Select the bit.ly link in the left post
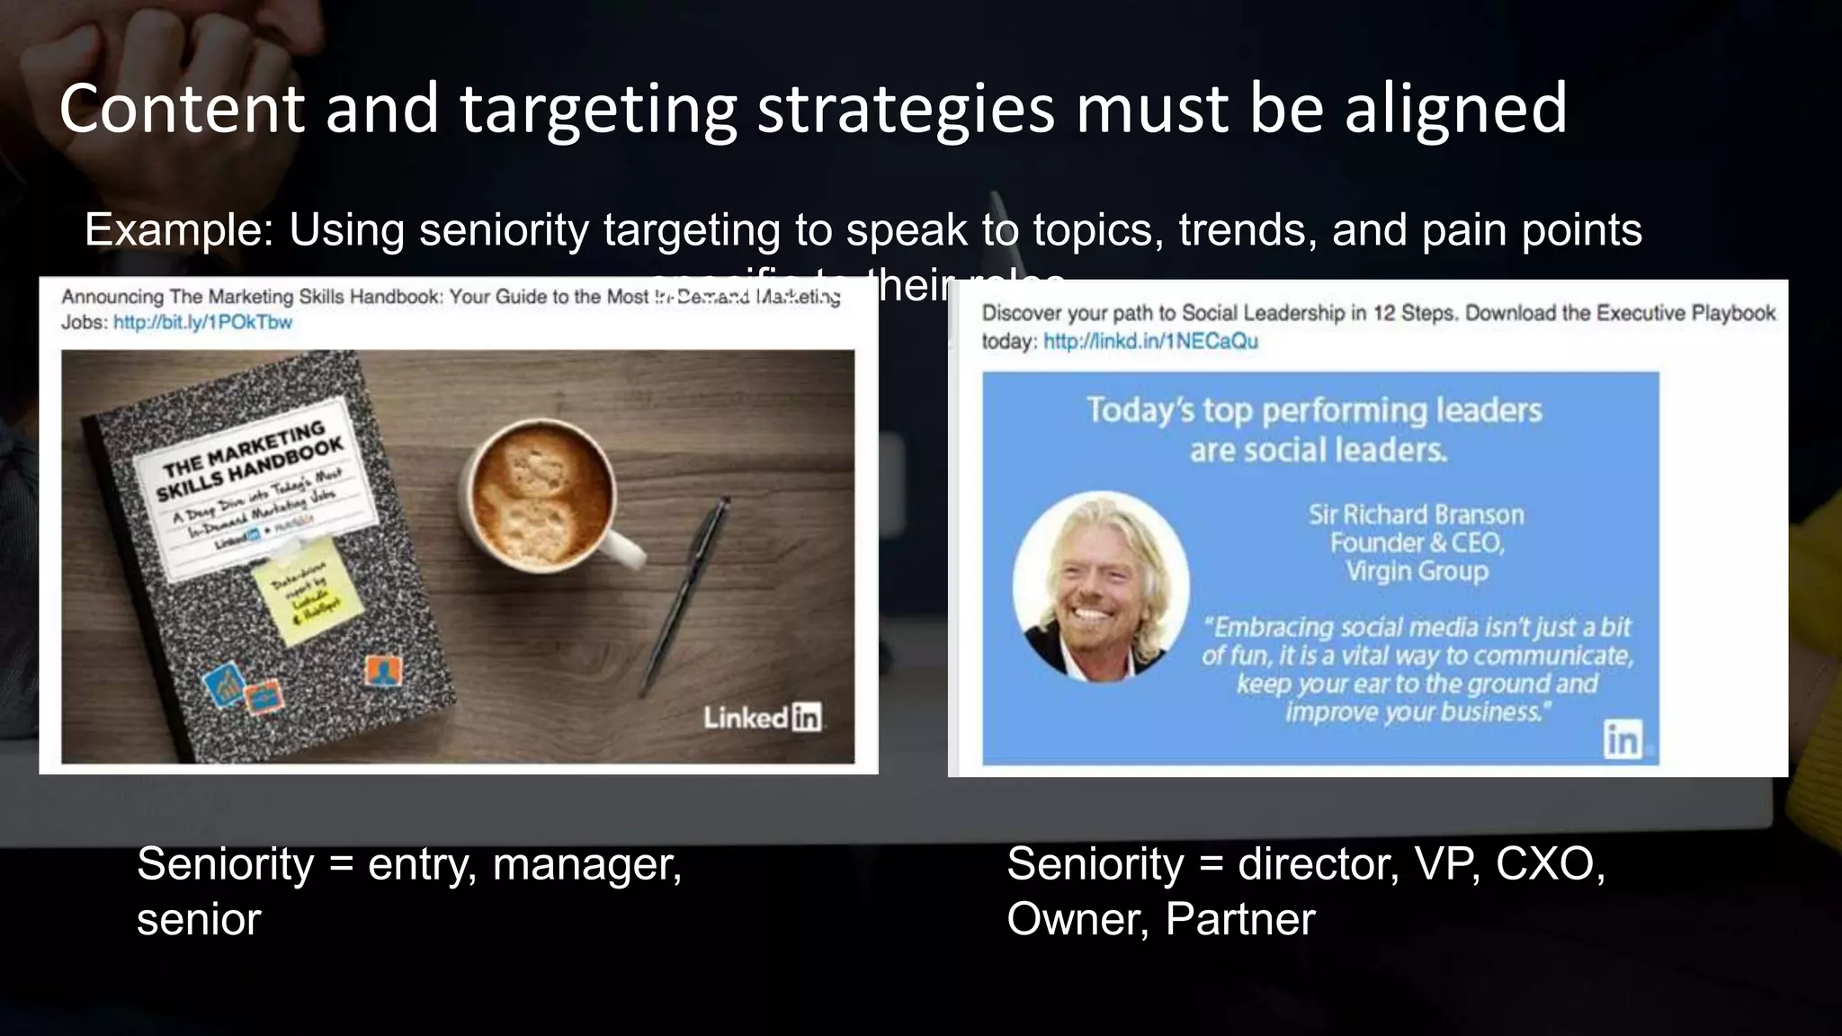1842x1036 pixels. click(x=202, y=323)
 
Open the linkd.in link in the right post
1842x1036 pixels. click(x=1150, y=342)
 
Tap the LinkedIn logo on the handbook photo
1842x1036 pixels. click(x=762, y=718)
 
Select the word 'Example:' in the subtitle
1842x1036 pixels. click(x=179, y=230)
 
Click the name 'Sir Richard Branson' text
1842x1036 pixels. click(x=1416, y=514)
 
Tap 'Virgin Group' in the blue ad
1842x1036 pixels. click(x=1417, y=571)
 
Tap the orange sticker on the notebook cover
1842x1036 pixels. click(x=384, y=671)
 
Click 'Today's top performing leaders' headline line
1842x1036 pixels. click(x=1314, y=410)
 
